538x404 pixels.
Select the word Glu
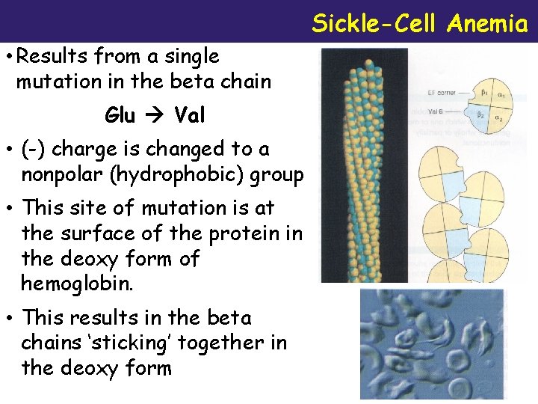click(120, 115)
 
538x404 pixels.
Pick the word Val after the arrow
click(190, 115)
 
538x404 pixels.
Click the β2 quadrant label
click(482, 114)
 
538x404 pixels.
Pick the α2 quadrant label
click(498, 119)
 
